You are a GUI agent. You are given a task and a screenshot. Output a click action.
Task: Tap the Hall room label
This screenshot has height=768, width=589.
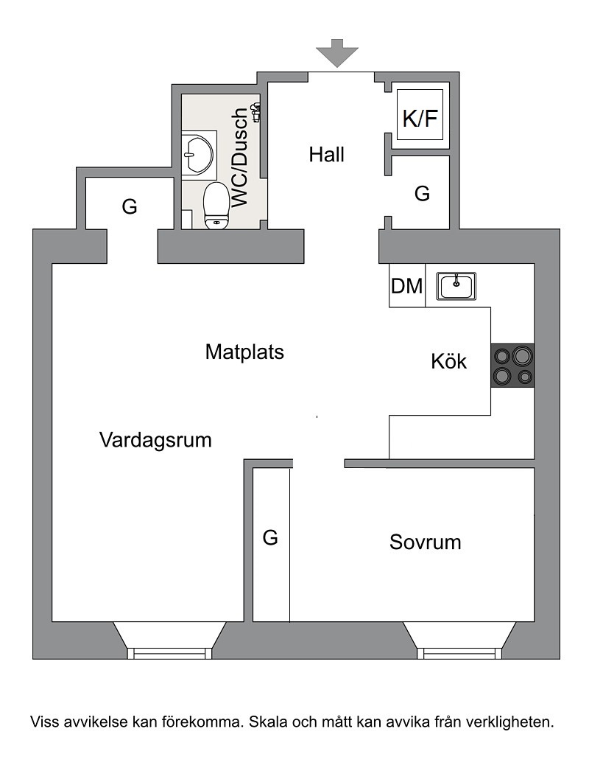(326, 155)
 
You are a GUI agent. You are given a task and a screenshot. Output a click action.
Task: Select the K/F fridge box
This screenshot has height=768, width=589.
(420, 115)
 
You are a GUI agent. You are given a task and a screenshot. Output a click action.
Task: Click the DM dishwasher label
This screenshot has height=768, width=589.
(406, 286)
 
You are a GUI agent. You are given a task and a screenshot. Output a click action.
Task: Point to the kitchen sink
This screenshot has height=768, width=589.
(456, 286)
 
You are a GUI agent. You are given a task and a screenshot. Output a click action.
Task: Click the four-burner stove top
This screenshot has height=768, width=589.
(512, 366)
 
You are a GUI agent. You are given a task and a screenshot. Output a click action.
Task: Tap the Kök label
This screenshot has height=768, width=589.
(448, 361)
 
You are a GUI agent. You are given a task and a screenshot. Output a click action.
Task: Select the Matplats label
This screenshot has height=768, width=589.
(244, 352)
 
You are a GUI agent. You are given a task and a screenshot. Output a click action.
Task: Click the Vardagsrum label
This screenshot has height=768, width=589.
(155, 440)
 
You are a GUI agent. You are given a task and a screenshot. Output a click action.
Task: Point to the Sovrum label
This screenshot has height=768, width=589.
(425, 542)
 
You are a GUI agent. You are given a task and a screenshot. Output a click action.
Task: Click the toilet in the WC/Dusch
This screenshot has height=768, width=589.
(216, 206)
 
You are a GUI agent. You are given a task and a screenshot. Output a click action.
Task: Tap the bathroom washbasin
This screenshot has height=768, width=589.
(199, 153)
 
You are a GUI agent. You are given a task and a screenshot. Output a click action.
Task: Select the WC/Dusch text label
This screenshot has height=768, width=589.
(240, 157)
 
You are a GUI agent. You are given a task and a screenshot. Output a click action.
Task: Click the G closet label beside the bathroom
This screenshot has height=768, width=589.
(130, 206)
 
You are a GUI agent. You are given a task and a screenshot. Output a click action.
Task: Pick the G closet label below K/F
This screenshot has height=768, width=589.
(422, 194)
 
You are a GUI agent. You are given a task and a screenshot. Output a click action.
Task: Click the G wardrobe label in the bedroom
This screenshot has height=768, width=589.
(270, 538)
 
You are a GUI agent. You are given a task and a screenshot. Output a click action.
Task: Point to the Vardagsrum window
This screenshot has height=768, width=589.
(170, 640)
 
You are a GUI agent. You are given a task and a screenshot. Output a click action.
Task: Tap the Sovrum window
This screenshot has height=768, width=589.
(459, 640)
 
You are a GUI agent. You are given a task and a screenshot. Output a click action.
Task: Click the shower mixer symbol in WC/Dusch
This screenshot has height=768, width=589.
(256, 112)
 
